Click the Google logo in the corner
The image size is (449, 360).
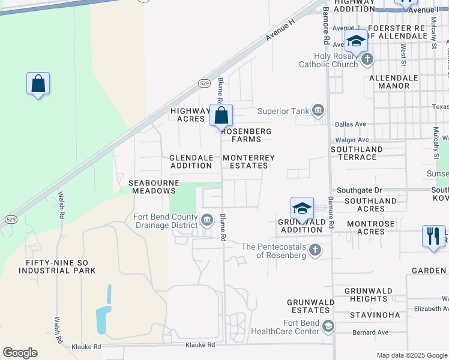point(20,353)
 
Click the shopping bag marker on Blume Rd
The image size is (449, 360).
point(221,115)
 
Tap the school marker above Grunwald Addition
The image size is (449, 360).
point(303,208)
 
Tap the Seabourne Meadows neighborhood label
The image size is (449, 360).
point(152,186)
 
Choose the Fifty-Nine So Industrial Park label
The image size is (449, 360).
point(61,267)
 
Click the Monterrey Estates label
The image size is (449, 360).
point(249,161)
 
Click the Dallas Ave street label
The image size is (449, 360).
point(351,124)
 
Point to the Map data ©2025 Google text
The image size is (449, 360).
point(411,355)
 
